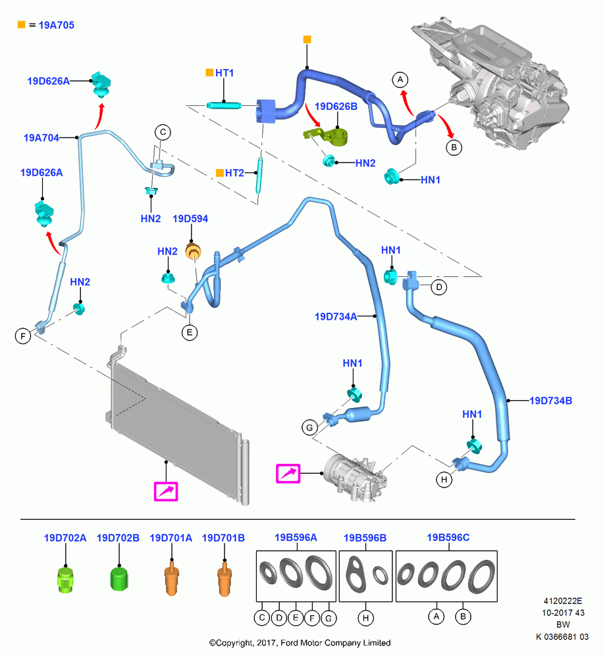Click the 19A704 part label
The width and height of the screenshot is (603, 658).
click(41, 138)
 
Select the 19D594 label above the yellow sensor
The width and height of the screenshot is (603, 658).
click(190, 218)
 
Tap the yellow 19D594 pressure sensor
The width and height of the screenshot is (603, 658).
click(194, 251)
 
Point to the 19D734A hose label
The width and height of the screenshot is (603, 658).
click(336, 316)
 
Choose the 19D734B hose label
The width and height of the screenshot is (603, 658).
click(550, 401)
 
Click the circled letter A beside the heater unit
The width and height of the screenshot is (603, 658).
click(400, 80)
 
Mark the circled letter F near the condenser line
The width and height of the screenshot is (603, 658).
click(23, 336)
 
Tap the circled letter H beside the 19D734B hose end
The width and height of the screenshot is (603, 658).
click(444, 479)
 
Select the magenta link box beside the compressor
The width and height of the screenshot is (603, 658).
click(288, 474)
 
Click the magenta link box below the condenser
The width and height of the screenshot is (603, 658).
click(166, 492)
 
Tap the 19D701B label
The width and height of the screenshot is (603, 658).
click(223, 538)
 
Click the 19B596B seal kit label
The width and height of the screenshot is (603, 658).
click(365, 538)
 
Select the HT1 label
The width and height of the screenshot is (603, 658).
click(224, 73)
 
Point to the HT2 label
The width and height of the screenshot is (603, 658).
click(234, 173)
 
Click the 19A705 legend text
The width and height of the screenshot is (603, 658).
click(56, 25)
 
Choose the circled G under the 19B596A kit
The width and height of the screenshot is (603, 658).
click(328, 618)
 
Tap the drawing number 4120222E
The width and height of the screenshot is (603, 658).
click(563, 601)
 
